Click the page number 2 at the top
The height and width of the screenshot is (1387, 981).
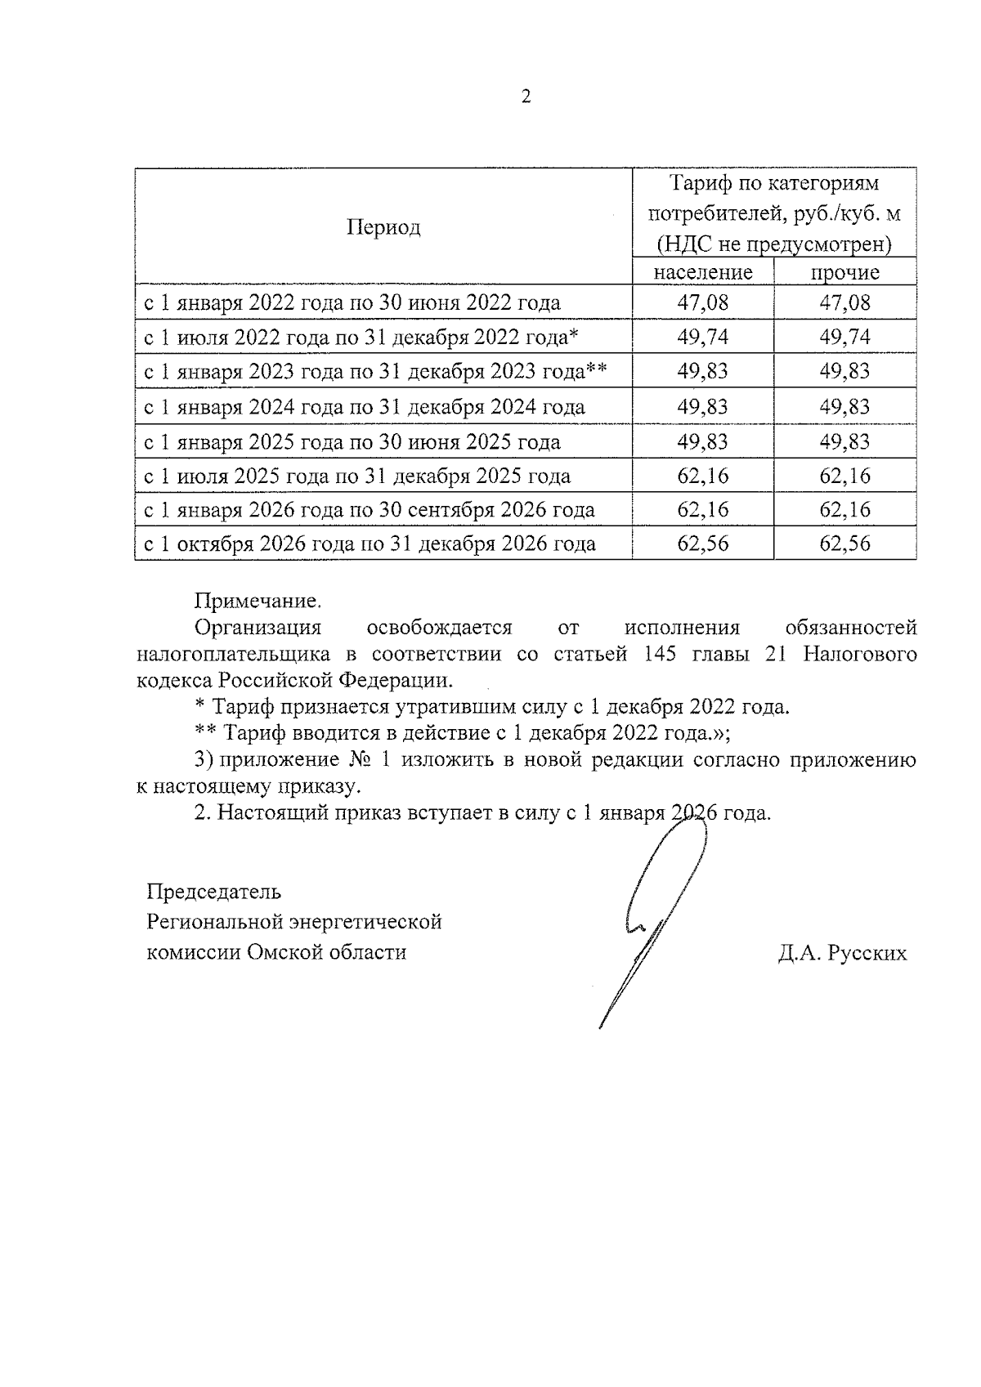point(526,97)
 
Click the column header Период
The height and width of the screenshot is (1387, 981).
point(383,227)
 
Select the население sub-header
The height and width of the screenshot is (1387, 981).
point(702,272)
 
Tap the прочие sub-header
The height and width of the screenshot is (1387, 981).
point(844,272)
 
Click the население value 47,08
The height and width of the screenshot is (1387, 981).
point(702,302)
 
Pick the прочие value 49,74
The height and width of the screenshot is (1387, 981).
point(844,337)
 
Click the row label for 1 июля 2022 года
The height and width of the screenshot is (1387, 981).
point(361,337)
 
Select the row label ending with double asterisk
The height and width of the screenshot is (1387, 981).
point(375,372)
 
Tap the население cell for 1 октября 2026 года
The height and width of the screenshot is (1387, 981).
point(702,544)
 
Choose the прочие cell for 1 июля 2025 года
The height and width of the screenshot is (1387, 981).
point(844,476)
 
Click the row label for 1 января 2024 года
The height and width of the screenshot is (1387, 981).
point(365,406)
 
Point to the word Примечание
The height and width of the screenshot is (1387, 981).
point(257,602)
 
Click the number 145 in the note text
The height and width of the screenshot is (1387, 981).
point(660,654)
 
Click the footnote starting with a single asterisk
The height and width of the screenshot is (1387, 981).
point(493,706)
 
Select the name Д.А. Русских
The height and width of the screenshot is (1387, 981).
point(842,953)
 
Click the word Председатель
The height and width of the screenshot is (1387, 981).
point(213,891)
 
